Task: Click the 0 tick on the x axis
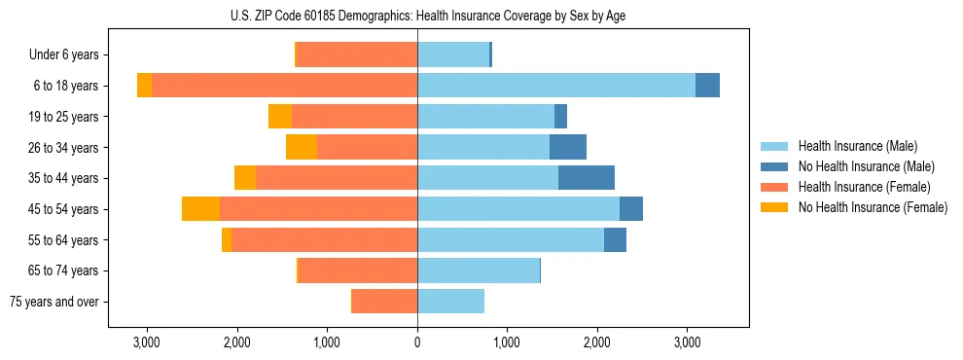click(x=417, y=342)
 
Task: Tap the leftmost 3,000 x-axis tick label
click(x=147, y=342)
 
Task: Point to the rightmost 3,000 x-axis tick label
click(x=687, y=342)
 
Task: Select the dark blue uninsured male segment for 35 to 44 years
click(x=587, y=178)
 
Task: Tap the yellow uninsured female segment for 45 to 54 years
click(x=200, y=209)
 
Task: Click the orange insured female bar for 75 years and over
click(x=385, y=302)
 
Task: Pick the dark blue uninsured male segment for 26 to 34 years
click(x=568, y=147)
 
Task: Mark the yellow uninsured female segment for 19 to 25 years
click(x=280, y=117)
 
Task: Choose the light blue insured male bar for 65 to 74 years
click(x=479, y=270)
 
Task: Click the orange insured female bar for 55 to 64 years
click(x=325, y=239)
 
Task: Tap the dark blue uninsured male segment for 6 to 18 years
click(x=707, y=86)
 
